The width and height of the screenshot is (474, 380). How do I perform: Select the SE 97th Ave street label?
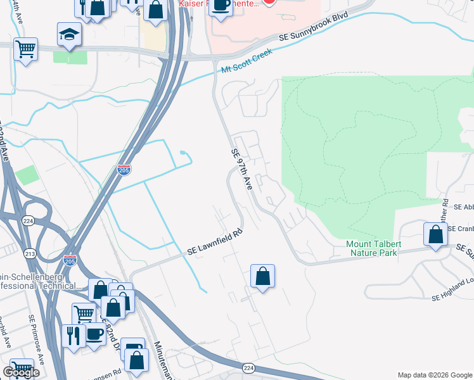tap(241, 170)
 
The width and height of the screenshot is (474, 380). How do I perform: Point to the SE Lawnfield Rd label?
tap(215, 243)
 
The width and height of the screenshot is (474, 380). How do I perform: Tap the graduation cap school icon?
tap(69, 35)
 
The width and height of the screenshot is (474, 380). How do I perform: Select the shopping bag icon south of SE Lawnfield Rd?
tap(262, 277)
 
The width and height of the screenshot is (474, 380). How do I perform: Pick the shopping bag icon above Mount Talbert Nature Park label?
tap(435, 234)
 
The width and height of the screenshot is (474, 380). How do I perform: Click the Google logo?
tap(21, 372)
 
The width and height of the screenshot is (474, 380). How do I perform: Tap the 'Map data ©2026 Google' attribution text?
tap(434, 374)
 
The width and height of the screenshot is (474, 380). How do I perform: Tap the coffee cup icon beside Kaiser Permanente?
tap(221, 4)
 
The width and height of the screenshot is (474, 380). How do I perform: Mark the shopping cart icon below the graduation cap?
tap(25, 49)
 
